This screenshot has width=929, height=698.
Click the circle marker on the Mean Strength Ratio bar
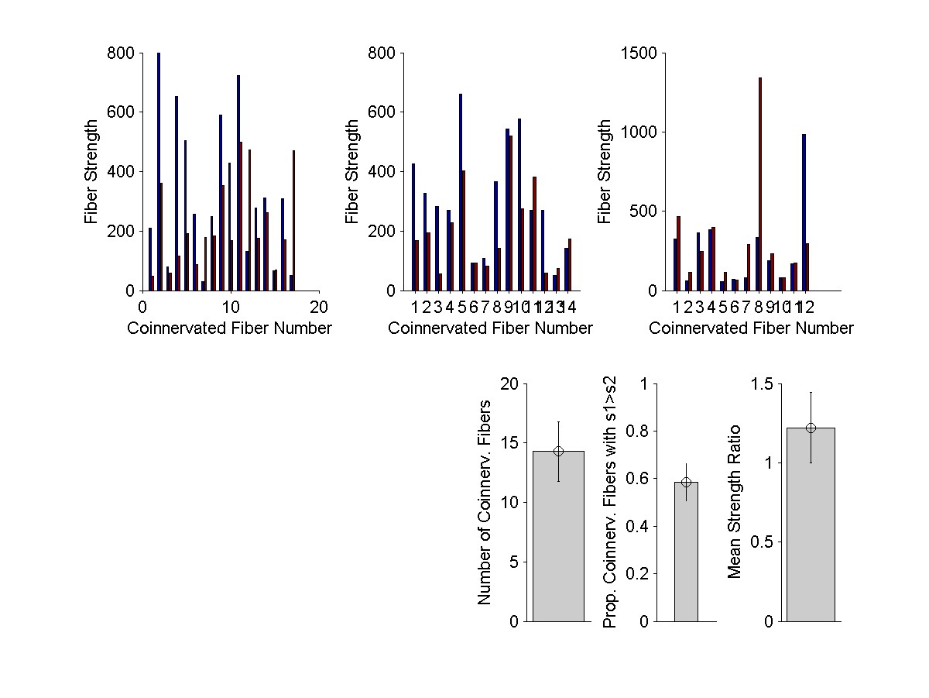point(811,428)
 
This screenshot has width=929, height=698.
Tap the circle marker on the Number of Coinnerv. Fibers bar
point(558,451)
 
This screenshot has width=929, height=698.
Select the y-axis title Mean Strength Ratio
point(735,501)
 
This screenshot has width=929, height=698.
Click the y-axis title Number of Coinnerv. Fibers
point(485,502)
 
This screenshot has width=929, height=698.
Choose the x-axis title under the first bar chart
point(229,328)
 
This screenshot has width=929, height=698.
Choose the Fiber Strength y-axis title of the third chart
point(605,172)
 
